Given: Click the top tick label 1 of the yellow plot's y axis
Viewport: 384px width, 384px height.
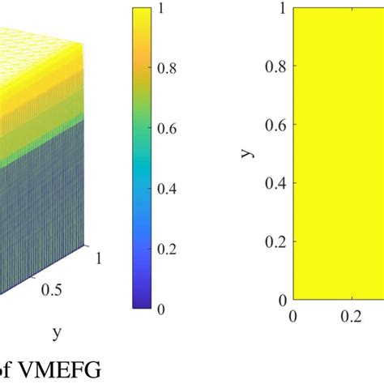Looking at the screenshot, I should pos(280,7).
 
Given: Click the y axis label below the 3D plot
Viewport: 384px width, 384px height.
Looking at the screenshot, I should pos(57,332).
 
